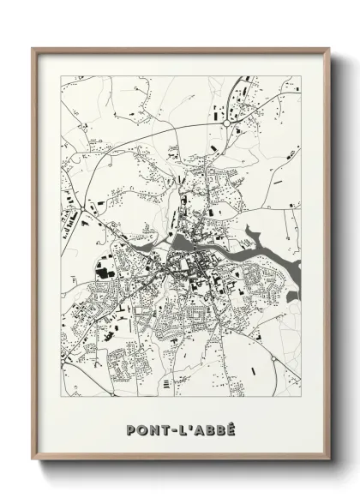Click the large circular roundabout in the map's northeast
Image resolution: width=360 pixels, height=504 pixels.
click(226, 123)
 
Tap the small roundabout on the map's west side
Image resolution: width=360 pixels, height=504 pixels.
click(87, 206)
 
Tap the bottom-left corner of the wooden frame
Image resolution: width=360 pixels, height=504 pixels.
click(33, 459)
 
